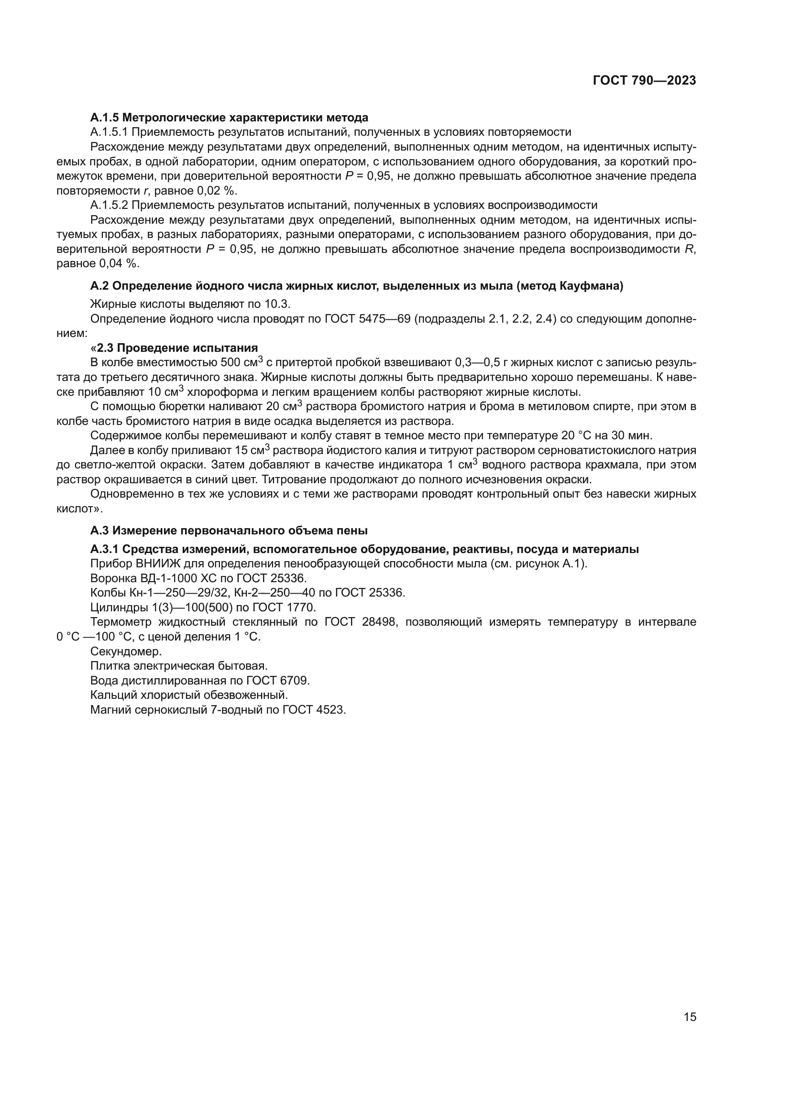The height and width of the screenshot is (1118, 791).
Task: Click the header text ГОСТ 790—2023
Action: (644, 81)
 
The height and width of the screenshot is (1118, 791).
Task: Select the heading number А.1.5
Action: (104, 118)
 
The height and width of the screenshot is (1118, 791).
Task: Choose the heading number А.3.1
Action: (104, 549)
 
